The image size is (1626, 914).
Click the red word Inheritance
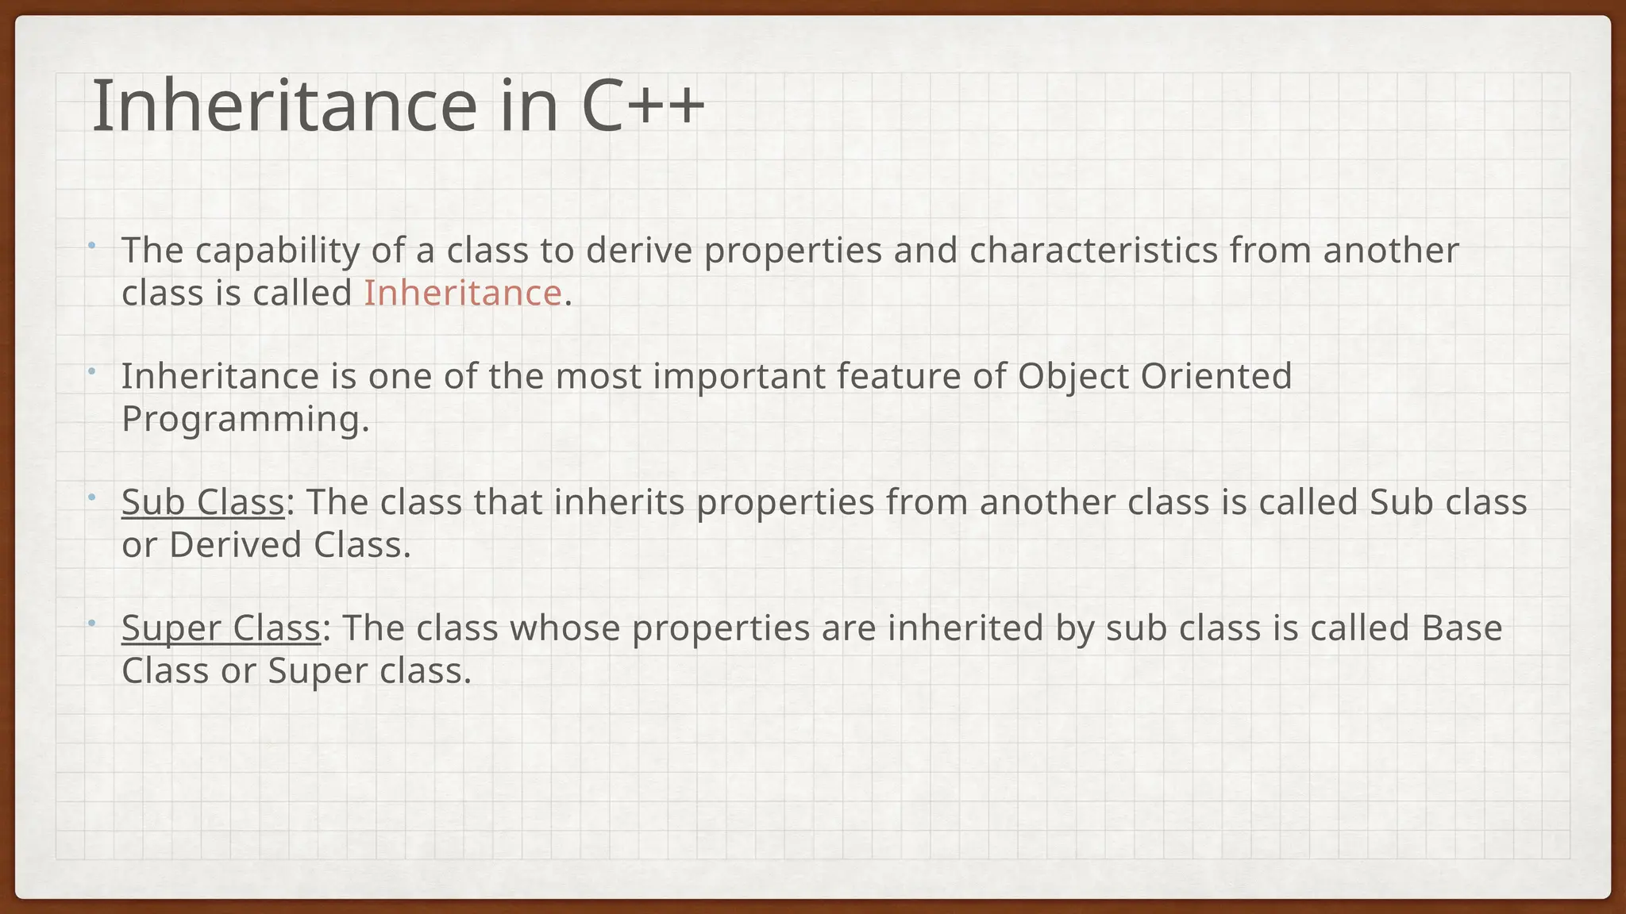click(463, 293)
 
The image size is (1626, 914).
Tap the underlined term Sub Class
click(202, 502)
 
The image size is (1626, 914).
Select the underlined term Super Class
click(221, 628)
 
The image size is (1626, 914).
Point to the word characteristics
click(1093, 251)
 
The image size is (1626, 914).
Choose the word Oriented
click(1216, 376)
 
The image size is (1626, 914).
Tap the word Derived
click(235, 545)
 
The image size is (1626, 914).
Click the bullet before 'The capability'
click(92, 244)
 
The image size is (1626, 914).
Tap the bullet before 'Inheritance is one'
click(92, 371)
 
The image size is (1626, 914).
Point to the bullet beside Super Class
click(92, 623)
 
